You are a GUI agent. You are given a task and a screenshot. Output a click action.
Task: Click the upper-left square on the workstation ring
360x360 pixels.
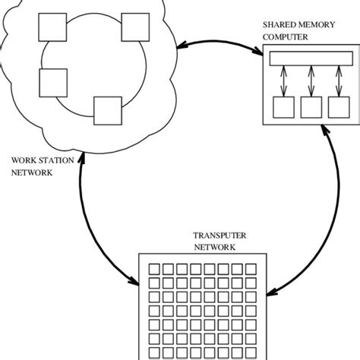click(54, 30)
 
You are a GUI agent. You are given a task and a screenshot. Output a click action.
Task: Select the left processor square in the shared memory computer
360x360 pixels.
click(284, 108)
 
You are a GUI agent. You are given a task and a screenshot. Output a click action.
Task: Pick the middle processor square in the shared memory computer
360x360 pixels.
click(311, 108)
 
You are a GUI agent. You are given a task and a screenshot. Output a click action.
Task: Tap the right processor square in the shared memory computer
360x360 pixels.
click(338, 108)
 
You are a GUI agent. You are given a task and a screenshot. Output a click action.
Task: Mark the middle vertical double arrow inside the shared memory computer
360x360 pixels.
click(311, 82)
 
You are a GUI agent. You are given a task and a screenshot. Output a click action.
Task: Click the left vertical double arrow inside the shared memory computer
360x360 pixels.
click(284, 82)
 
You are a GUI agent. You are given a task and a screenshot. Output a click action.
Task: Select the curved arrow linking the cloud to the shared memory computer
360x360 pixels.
click(220, 40)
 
